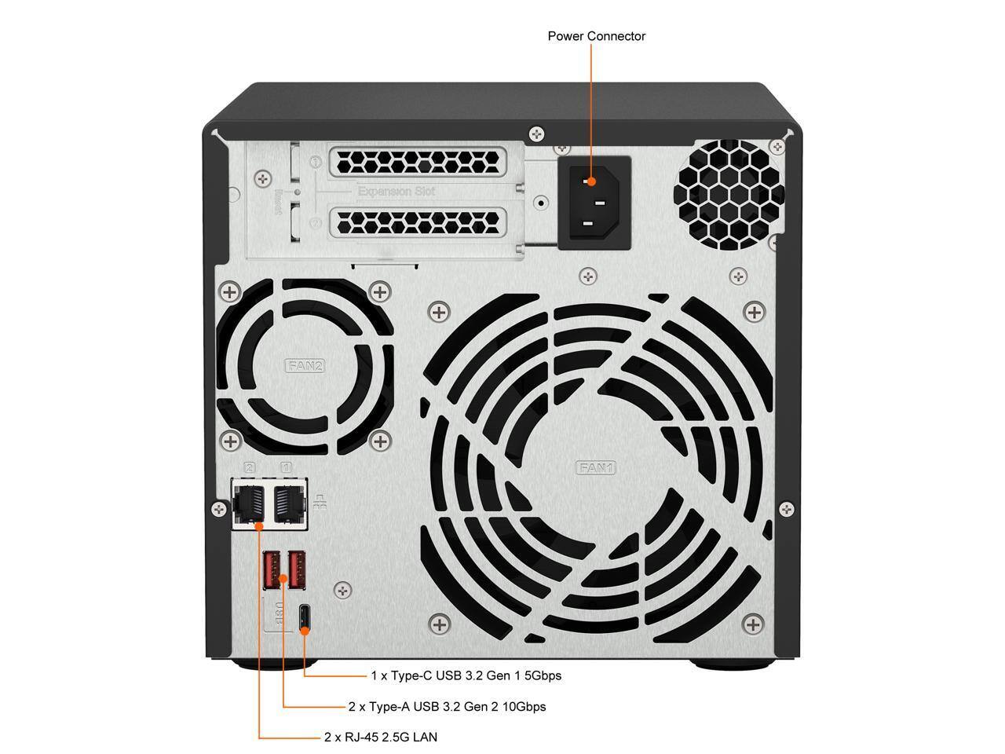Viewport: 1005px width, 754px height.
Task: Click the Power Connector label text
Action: pyautogui.click(x=596, y=36)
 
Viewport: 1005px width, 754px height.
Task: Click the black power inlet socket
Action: pyautogui.click(x=594, y=203)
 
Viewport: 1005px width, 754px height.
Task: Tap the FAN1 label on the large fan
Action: pyautogui.click(x=597, y=468)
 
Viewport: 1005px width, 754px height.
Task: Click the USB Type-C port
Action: pyautogui.click(x=305, y=618)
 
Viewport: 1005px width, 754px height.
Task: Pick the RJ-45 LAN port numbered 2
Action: pyautogui.click(x=250, y=503)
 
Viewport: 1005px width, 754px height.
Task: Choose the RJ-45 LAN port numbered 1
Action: pyautogui.click(x=288, y=503)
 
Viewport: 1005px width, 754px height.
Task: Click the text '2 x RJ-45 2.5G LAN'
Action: pyautogui.click(x=381, y=737)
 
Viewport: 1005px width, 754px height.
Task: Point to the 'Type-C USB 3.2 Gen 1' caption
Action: pyautogui.click(x=466, y=675)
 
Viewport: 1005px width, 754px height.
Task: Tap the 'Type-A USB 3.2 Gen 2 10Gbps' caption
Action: pyautogui.click(x=447, y=706)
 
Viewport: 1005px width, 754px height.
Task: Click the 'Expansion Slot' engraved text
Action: pyautogui.click(x=396, y=191)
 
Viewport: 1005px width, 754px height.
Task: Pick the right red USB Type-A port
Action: pyautogui.click(x=296, y=570)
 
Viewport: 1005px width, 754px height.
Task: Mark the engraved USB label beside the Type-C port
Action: pyautogui.click(x=276, y=614)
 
